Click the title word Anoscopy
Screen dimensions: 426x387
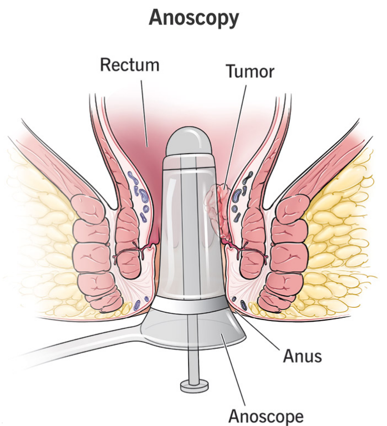tap(193, 18)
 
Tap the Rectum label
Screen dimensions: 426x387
tap(129, 64)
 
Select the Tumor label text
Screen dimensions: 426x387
tap(250, 71)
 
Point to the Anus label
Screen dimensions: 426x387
tap(303, 356)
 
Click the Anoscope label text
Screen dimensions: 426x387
tap(267, 415)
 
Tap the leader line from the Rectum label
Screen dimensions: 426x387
tap(144, 111)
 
